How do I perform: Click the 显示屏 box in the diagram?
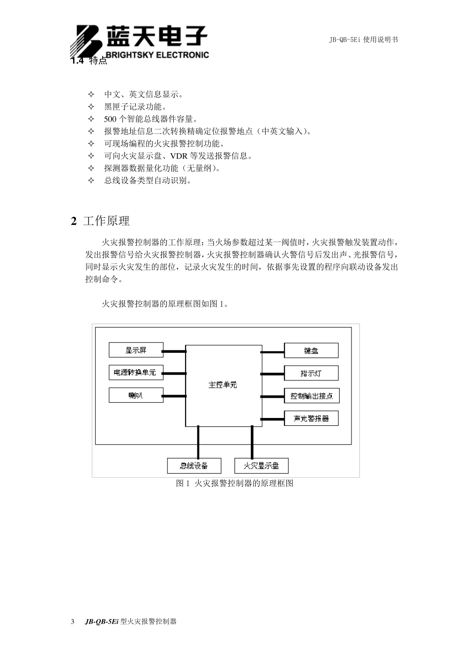pyautogui.click(x=136, y=350)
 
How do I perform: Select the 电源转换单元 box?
pyautogui.click(x=136, y=373)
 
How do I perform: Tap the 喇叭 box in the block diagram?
pyautogui.click(x=136, y=395)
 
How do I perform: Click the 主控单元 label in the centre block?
pyautogui.click(x=223, y=385)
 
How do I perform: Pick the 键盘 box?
pyautogui.click(x=311, y=351)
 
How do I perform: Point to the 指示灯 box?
pyautogui.click(x=311, y=373)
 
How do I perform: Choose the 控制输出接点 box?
pyautogui.click(x=312, y=396)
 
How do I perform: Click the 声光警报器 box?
pyautogui.click(x=311, y=418)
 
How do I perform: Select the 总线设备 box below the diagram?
pyautogui.click(x=194, y=465)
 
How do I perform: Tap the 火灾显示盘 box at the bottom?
pyautogui.click(x=261, y=465)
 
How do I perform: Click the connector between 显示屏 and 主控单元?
pyautogui.click(x=174, y=351)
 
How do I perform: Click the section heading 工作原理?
pyautogui.click(x=106, y=221)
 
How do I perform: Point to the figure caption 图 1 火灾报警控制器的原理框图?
pyautogui.click(x=234, y=483)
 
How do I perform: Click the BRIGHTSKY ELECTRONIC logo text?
pyautogui.click(x=157, y=55)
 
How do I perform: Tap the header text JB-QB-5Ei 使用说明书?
pyautogui.click(x=363, y=40)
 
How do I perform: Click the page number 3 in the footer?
pyautogui.click(x=73, y=622)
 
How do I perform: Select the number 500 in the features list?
pyautogui.click(x=110, y=119)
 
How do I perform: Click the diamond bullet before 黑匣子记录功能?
pyautogui.click(x=90, y=107)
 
